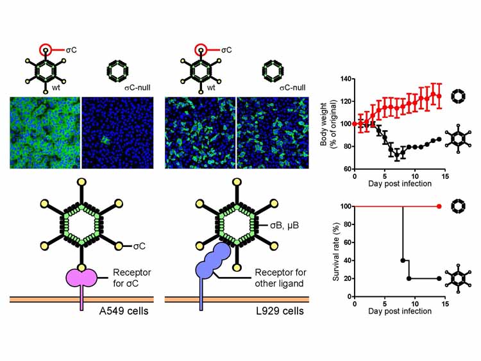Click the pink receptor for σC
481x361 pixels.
(x=81, y=277)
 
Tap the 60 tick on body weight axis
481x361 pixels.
(x=346, y=169)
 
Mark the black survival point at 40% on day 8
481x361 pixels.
(x=403, y=260)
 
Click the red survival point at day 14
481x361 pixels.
(x=439, y=206)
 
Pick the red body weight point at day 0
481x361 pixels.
(x=355, y=124)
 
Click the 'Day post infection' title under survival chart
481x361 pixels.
(x=400, y=311)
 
